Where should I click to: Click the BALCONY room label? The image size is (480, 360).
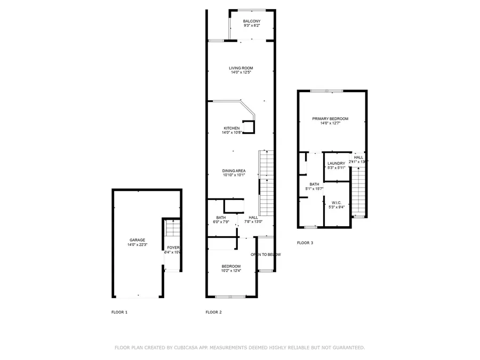tap(252, 21)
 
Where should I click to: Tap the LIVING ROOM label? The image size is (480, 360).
tap(241, 68)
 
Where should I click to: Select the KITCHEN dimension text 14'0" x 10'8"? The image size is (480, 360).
tap(231, 132)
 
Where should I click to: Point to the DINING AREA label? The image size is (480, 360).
tap(234, 170)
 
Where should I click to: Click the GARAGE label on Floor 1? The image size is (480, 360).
tap(137, 240)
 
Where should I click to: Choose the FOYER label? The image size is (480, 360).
tap(173, 247)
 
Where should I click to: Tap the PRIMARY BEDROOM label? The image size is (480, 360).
tap(330, 118)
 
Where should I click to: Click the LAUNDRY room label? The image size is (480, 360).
tap(336, 163)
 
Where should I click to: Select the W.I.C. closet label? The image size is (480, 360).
tap(337, 202)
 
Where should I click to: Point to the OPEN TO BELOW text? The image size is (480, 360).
tap(266, 254)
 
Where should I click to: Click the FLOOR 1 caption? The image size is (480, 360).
tap(119, 311)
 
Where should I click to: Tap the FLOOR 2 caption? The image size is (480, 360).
tap(213, 311)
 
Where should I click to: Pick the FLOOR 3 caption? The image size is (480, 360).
tap(305, 243)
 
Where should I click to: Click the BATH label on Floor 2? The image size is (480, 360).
tap(221, 217)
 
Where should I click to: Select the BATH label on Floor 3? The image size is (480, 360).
tap(314, 184)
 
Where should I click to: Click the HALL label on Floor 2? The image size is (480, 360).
tap(253, 217)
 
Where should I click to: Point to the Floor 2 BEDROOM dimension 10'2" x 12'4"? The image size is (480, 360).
tap(231, 270)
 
